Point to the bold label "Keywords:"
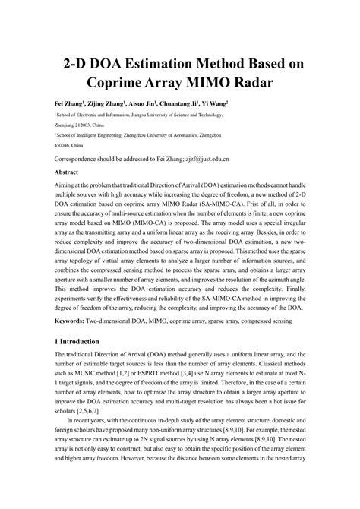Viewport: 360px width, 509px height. tap(75, 321)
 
